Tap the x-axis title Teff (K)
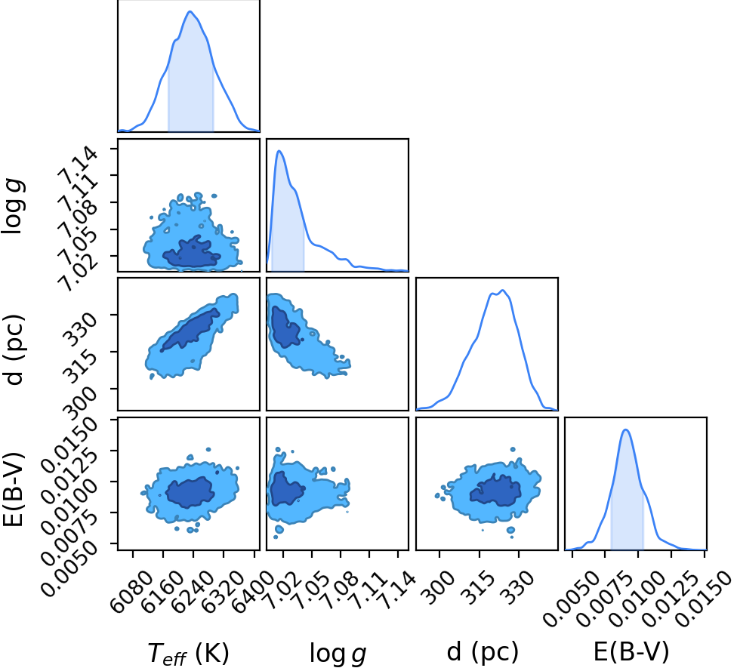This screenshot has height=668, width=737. click(x=188, y=653)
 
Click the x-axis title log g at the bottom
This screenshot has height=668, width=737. click(x=338, y=653)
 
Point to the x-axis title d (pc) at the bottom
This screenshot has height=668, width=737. click(x=483, y=652)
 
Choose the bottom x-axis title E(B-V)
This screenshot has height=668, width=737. click(x=631, y=652)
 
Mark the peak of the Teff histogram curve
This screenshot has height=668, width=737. click(x=190, y=11)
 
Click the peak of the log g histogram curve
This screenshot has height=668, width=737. click(x=279, y=151)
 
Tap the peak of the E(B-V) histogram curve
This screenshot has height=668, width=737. click(x=625, y=429)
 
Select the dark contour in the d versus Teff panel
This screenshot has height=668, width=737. click(x=190, y=329)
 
